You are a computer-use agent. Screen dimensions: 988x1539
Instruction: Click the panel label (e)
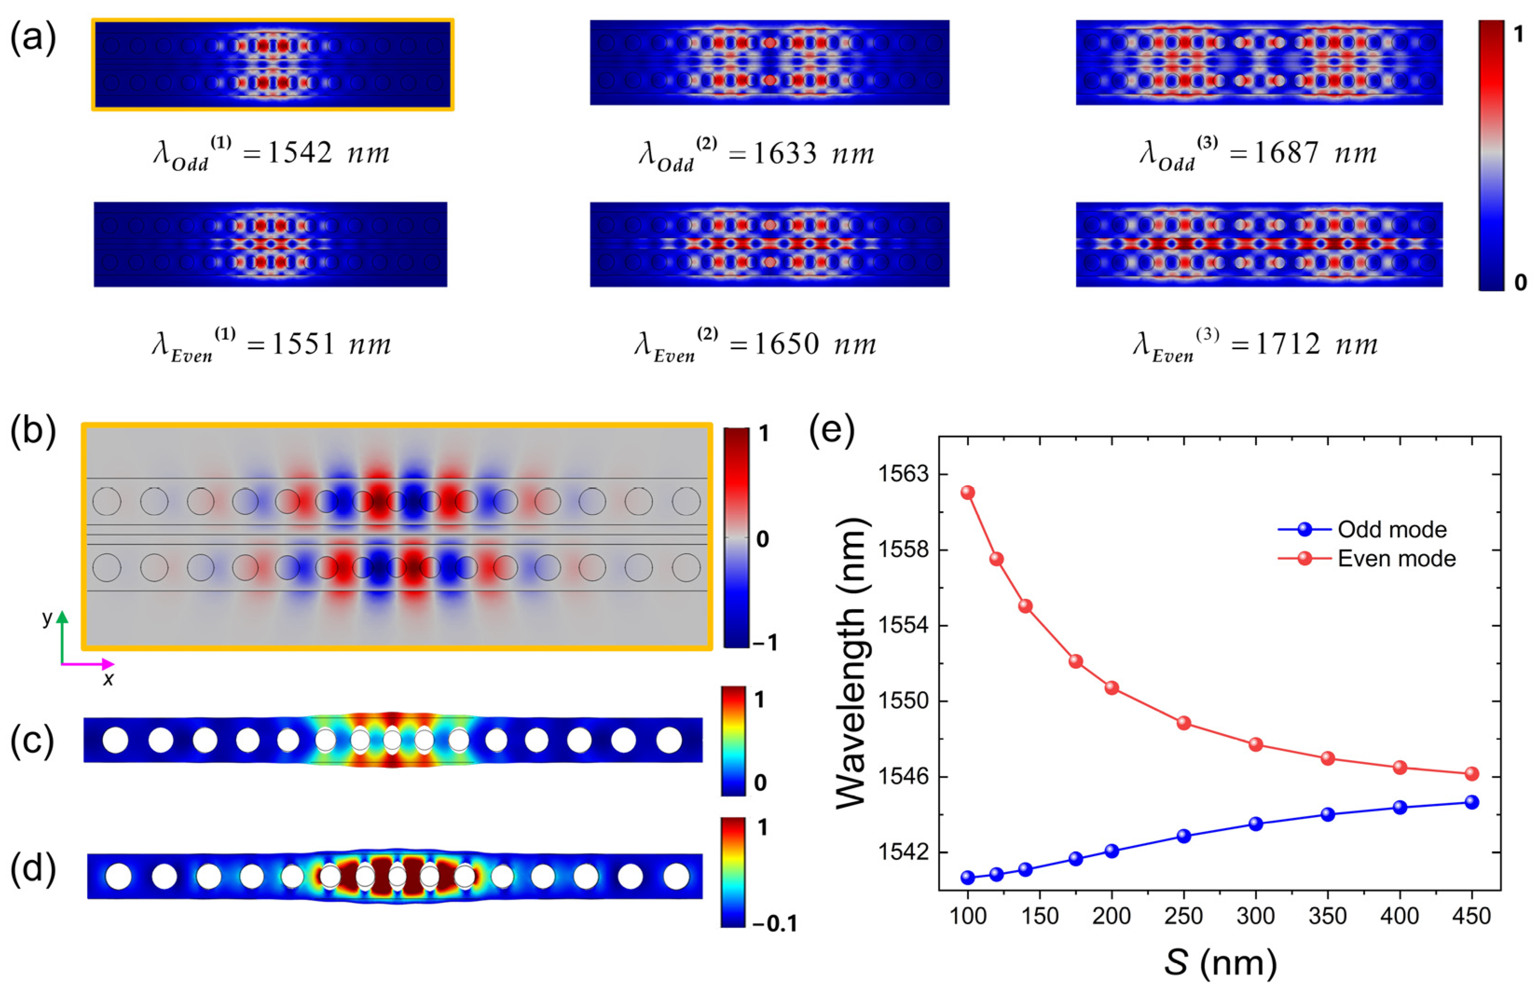(x=832, y=431)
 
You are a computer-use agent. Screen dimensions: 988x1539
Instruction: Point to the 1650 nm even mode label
(x=755, y=344)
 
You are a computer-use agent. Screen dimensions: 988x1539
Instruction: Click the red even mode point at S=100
(x=968, y=493)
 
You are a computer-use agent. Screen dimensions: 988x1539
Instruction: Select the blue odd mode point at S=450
(x=1471, y=802)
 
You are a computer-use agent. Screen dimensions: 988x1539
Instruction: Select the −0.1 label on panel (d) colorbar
(x=774, y=923)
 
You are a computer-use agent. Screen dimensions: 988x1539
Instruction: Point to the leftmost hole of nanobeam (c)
(x=116, y=740)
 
